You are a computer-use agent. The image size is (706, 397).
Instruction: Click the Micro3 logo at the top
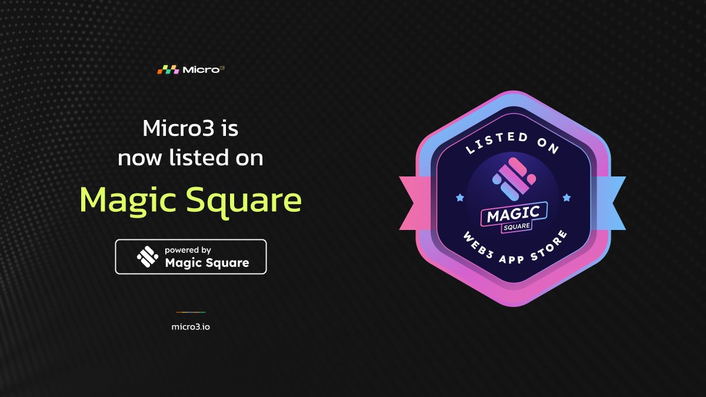191,69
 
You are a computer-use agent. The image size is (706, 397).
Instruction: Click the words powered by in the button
188,250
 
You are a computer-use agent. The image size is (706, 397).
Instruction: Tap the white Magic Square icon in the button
147,256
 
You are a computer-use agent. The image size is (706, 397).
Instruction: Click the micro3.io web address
191,326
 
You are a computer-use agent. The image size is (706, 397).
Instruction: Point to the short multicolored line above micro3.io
191,312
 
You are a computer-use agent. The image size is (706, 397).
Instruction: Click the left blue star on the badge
459,198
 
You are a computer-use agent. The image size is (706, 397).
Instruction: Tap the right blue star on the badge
567,198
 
